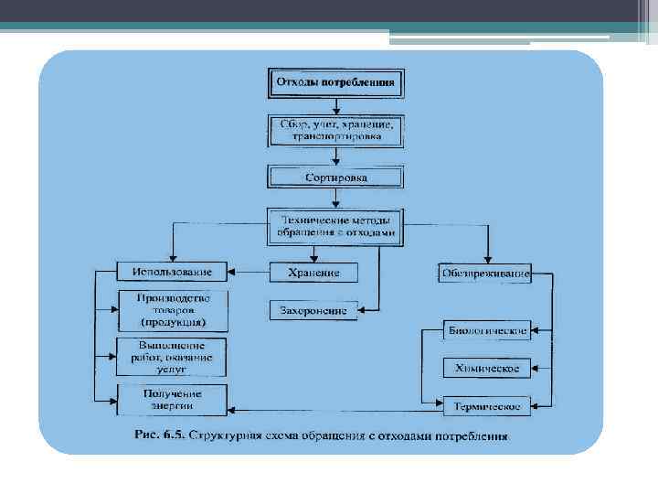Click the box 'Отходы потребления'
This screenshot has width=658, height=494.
coord(335,82)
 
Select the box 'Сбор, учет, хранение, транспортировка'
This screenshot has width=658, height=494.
coord(335,130)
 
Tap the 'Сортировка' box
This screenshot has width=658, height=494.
coord(335,176)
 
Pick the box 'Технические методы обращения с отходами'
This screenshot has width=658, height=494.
coord(335,226)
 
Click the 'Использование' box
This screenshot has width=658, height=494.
coord(172,272)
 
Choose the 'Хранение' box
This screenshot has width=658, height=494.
coord(313,273)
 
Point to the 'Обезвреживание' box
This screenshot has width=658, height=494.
coord(484,272)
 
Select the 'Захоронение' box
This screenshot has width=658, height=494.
coord(313,310)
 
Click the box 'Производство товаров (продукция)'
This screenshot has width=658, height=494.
coord(173,310)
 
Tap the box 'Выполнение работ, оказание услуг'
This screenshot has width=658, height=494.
coord(173,357)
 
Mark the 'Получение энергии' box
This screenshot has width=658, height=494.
coord(173,400)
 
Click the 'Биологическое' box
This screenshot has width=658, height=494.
coord(486,328)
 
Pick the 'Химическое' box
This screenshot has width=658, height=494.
coord(486,368)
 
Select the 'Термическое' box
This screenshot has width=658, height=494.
coord(486,405)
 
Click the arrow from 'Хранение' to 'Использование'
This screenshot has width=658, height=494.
coord(248,273)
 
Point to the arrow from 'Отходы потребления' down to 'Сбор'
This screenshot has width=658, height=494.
coord(335,104)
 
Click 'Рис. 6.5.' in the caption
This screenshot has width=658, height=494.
coord(159,435)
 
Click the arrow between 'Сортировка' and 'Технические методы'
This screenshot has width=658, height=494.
coord(335,198)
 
